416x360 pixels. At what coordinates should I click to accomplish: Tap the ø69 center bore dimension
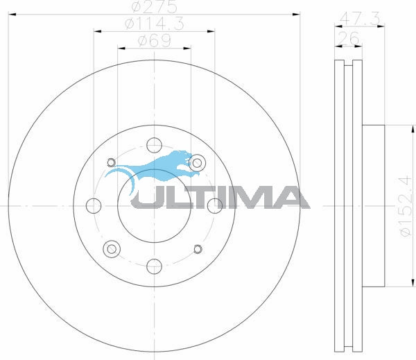pos(154,41)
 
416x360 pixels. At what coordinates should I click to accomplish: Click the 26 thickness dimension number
pos(349,39)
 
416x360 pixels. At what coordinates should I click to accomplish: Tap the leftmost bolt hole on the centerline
pos(93,205)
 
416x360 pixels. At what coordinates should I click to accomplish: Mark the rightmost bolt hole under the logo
pos(214,205)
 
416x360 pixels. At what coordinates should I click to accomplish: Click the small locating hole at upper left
pos(110,164)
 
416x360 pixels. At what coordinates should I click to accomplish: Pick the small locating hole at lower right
pos(198,249)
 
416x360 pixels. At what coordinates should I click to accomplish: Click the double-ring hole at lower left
pos(110,249)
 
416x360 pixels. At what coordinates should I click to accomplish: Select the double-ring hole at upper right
pos(198,163)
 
